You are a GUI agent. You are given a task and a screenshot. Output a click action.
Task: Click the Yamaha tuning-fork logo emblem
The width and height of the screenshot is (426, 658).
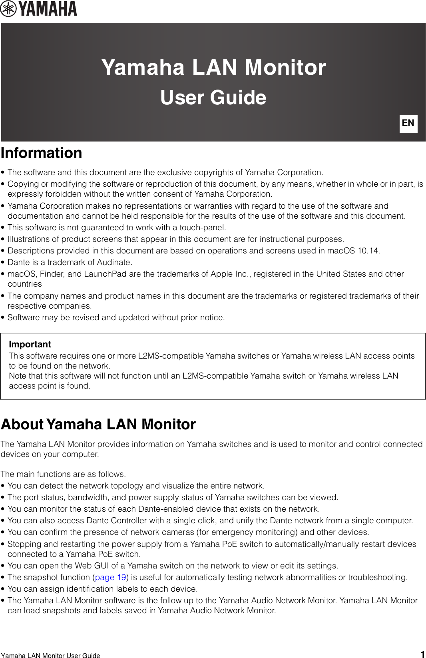click(8, 9)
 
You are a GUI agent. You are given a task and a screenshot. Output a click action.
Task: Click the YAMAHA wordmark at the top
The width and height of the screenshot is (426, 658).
click(48, 9)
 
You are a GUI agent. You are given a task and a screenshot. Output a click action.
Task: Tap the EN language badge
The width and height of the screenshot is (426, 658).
click(408, 123)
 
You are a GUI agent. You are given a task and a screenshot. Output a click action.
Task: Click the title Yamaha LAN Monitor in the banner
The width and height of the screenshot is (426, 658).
click(213, 67)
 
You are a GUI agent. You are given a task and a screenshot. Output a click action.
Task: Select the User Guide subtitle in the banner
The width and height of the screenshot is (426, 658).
click(213, 98)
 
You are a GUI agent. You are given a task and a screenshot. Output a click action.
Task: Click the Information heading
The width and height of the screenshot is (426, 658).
click(42, 153)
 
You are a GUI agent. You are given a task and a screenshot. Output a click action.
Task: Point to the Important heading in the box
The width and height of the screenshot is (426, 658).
click(30, 344)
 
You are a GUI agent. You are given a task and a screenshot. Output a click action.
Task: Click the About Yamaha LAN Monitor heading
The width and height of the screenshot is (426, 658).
click(98, 424)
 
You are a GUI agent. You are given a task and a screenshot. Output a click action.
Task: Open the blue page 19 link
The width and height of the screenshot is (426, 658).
click(111, 577)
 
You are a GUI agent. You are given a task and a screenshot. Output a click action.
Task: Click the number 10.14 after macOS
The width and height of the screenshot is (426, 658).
click(368, 251)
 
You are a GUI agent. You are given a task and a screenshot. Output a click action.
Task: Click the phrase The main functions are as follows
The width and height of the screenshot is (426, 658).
click(63, 474)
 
